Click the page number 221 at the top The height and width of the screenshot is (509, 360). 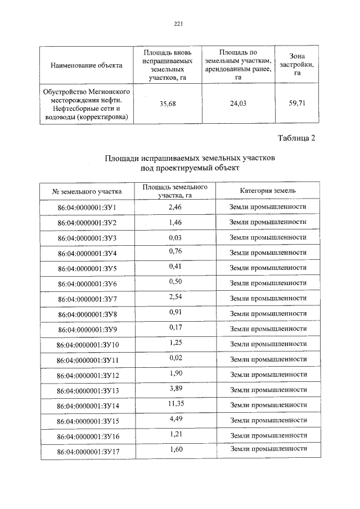[x=179, y=24]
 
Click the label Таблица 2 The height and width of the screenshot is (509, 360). [x=297, y=139]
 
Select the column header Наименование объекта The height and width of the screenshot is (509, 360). [x=86, y=65]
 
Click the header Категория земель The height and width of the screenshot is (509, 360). [x=268, y=191]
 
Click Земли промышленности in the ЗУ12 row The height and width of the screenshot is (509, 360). [x=268, y=374]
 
